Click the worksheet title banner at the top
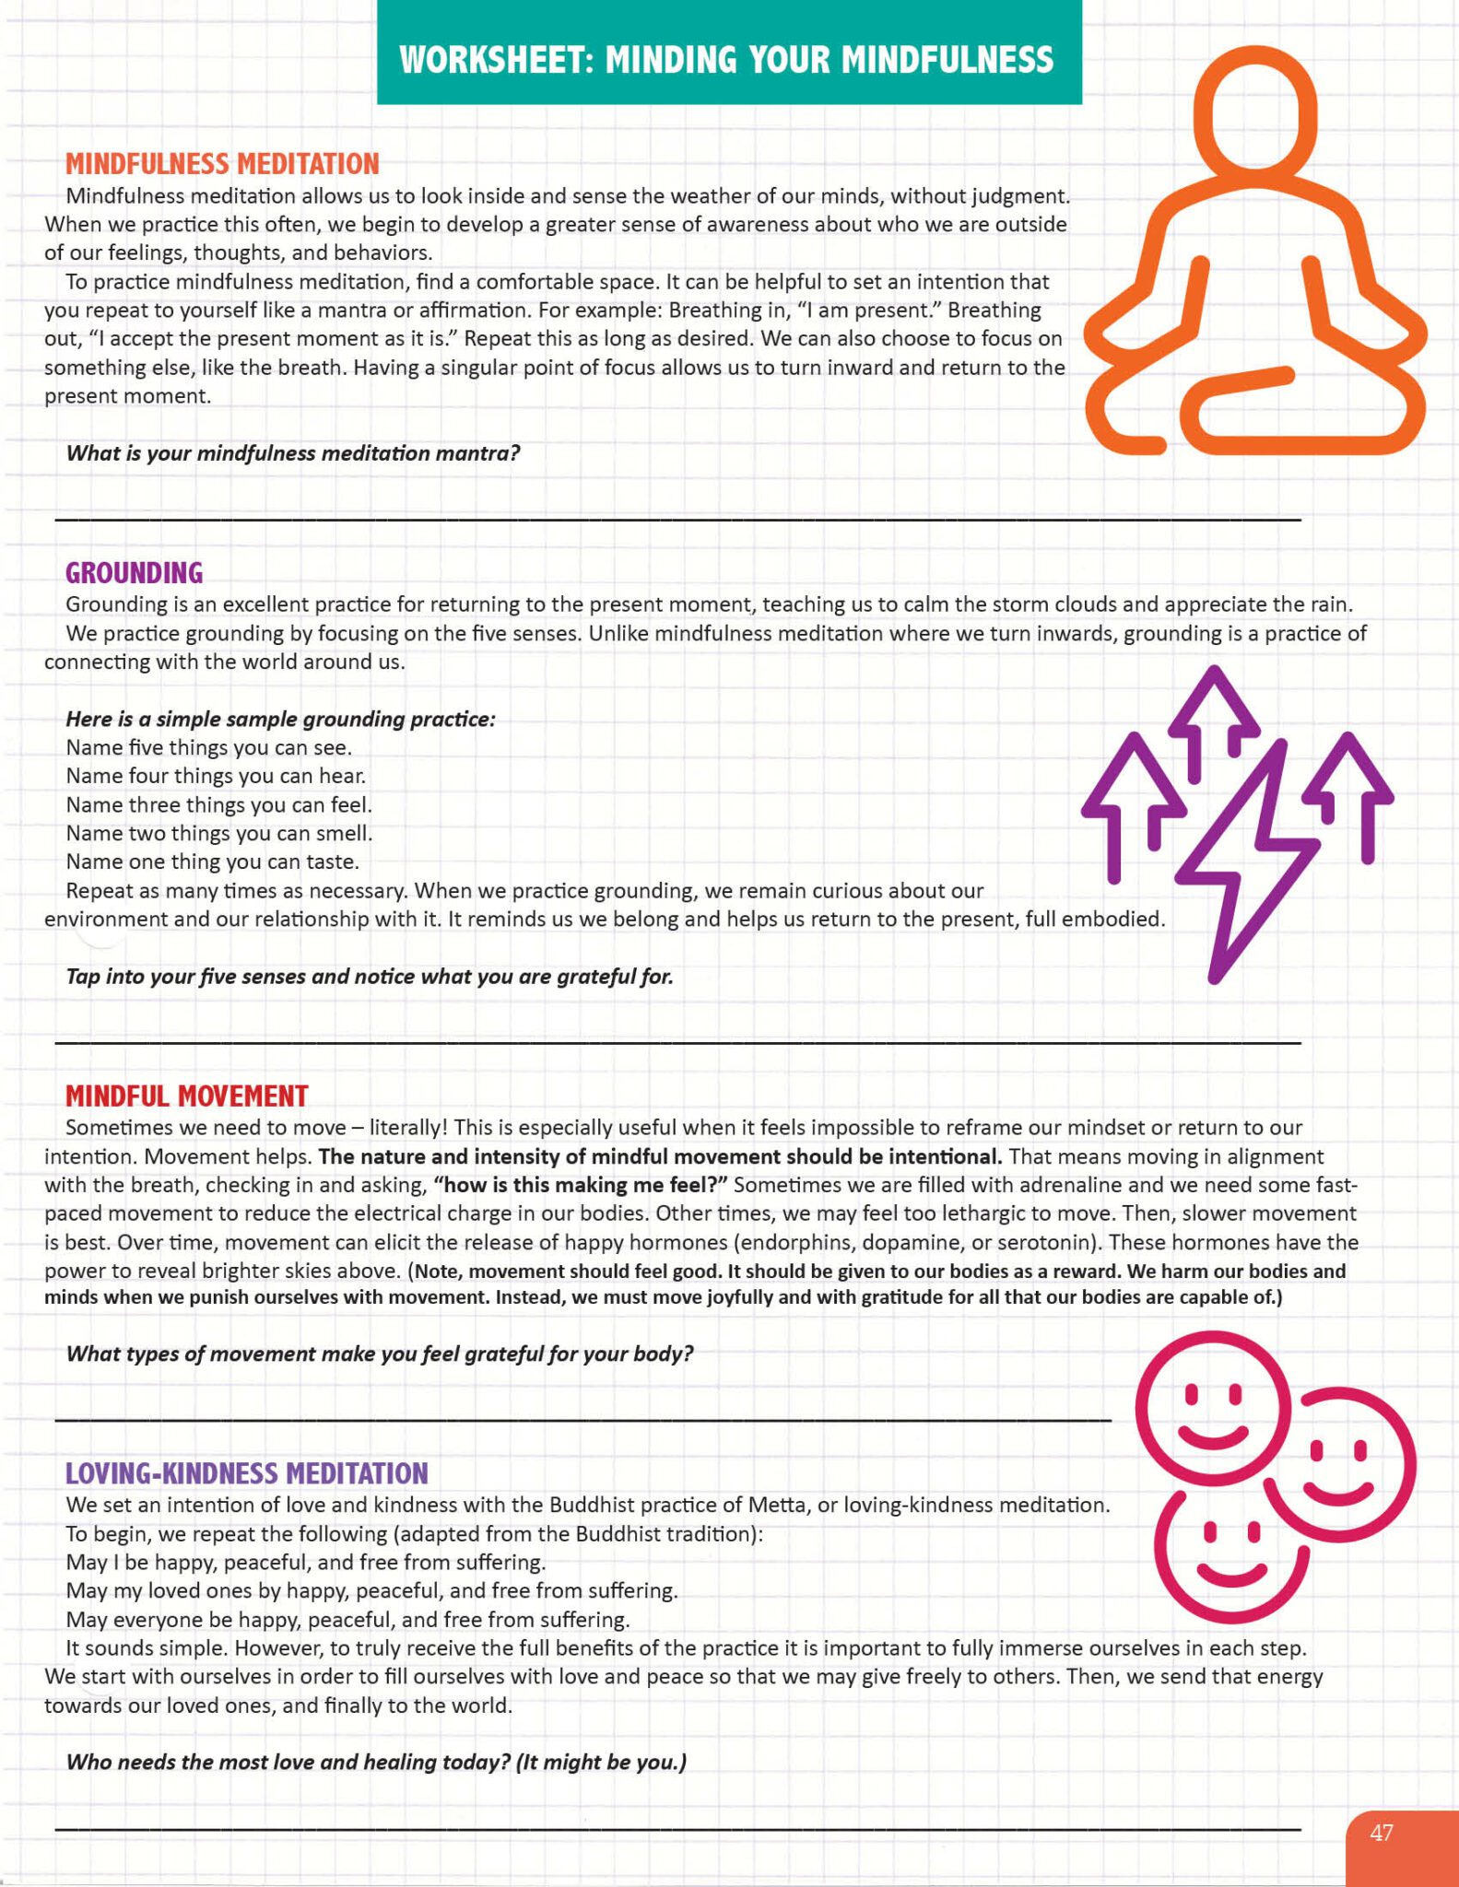(x=728, y=59)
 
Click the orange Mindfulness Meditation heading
(x=222, y=164)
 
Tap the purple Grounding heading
(x=134, y=573)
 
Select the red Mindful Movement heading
(x=186, y=1096)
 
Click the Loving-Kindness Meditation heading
(x=246, y=1473)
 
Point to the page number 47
(x=1381, y=1833)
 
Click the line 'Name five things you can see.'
(x=209, y=747)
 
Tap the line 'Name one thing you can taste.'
(x=213, y=861)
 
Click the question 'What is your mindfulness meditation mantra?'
(x=293, y=453)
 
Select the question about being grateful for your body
(x=379, y=1354)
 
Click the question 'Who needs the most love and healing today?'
(x=376, y=1762)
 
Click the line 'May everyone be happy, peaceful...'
(x=348, y=1619)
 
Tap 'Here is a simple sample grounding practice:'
(x=280, y=719)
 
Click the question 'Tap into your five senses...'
(x=370, y=976)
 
